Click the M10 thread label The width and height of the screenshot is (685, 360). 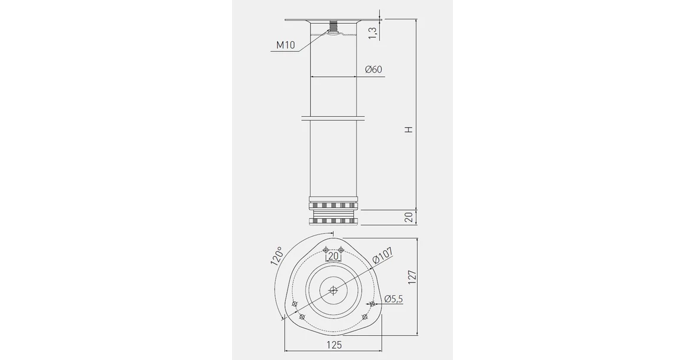285,45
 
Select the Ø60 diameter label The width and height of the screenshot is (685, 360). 373,70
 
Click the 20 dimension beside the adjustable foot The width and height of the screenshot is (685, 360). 408,217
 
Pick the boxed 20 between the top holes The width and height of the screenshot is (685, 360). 334,256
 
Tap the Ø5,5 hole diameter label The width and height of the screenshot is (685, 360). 393,299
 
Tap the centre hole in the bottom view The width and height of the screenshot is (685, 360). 334,290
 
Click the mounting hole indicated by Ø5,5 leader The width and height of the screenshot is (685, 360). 372,304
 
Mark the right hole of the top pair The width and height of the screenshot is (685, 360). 341,248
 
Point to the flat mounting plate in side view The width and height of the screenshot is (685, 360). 334,21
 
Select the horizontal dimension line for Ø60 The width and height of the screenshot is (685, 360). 334,77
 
